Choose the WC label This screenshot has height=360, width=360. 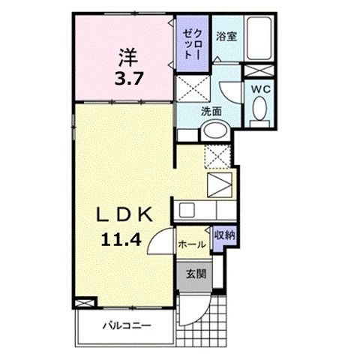tap(261, 88)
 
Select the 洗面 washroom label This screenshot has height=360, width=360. tap(211, 111)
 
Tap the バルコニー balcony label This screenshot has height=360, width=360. tap(127, 326)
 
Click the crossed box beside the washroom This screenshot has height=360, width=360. tap(193, 88)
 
